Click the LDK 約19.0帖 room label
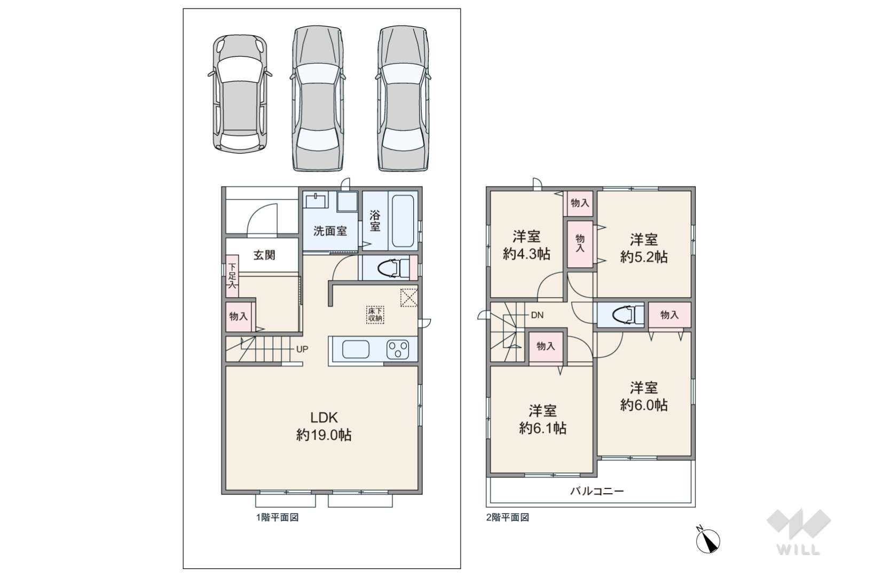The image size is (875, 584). coord(324,426)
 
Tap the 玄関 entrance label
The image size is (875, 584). coord(264,255)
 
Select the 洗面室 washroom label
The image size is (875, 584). coord(330,231)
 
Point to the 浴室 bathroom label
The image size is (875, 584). coord(375,221)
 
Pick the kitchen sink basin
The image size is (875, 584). coord(356,349)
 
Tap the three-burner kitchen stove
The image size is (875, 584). coord(398,349)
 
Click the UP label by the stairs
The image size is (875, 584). coord(302,349)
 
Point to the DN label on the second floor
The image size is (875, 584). coord(537,315)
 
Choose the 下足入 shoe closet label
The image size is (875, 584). coord(232,276)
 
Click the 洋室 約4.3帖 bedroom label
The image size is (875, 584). coord(526,245)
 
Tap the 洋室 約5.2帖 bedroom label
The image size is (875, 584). coord(644,248)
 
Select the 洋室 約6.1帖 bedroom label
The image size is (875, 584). coord(542,419)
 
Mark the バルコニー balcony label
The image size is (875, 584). coord(597,491)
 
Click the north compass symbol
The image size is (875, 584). coord(708,540)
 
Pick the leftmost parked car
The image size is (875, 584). coord(240,94)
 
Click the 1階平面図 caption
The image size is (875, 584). coord(278,518)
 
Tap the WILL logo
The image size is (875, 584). coord(799,532)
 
